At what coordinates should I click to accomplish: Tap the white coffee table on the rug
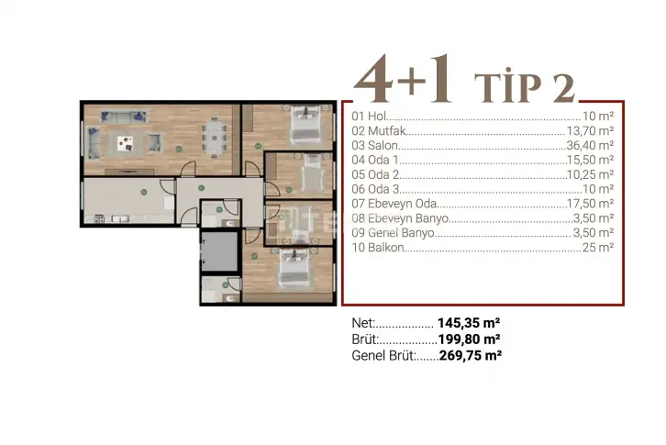tap(125, 143)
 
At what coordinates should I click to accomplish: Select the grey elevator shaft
tap(219, 251)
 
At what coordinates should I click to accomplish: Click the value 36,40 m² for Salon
tap(590, 145)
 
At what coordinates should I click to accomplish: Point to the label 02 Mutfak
tap(379, 131)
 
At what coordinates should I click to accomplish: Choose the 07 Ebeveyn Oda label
tap(394, 204)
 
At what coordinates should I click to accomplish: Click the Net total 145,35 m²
tap(469, 323)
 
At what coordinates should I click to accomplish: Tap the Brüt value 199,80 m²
tap(469, 339)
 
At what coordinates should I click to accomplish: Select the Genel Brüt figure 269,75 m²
tap(471, 355)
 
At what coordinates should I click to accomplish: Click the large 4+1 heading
tap(403, 80)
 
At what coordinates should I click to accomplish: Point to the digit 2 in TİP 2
tap(563, 88)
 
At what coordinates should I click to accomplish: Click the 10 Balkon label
tap(378, 248)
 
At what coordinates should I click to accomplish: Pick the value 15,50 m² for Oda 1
tap(590, 160)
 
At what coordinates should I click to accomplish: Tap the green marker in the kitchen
tap(144, 193)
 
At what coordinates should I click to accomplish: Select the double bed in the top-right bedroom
tap(305, 124)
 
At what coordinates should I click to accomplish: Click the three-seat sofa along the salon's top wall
tap(124, 117)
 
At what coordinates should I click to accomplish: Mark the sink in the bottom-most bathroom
tap(229, 299)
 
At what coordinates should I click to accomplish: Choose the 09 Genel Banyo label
tap(393, 233)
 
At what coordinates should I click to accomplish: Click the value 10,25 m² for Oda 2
tap(590, 174)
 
